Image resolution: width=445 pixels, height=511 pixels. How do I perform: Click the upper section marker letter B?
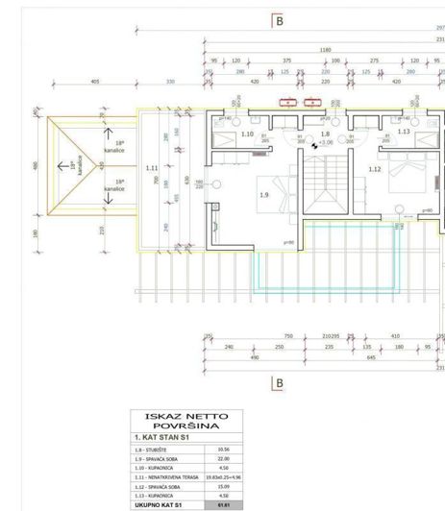tap(279, 19)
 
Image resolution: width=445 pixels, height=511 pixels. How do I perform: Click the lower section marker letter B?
tap(279, 383)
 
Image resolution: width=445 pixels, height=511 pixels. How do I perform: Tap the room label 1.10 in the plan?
tap(246, 134)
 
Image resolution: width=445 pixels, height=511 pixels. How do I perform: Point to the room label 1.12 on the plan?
tap(375, 169)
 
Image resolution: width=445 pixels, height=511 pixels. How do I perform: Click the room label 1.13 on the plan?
tap(404, 132)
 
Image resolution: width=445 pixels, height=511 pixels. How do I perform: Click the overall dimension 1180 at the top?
tap(325, 50)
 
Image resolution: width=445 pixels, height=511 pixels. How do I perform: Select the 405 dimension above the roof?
tap(95, 82)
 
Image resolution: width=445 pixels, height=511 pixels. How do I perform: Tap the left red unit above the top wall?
tap(287, 100)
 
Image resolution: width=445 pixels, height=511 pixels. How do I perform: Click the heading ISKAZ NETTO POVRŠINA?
tap(186, 422)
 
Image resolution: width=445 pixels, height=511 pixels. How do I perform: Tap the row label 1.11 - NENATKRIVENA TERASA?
tap(167, 476)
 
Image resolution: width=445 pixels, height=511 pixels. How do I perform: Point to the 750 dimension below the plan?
tap(287, 336)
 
